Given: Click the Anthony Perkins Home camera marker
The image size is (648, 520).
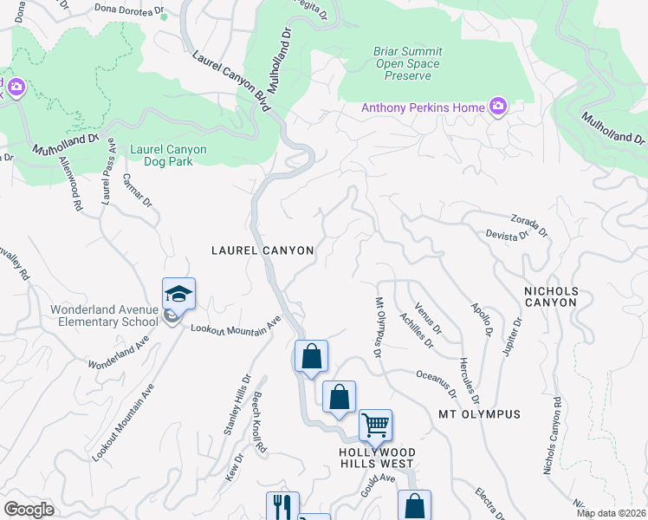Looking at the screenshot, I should point(497,107).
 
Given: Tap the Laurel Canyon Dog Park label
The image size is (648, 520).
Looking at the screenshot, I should point(168,155).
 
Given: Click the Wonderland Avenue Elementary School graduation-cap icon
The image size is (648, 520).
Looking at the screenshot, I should point(178,295).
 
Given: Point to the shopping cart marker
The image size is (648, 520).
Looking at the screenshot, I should point(375,426).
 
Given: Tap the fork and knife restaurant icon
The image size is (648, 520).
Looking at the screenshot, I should point(282,506).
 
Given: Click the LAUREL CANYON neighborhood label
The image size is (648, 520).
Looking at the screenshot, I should point(262,250).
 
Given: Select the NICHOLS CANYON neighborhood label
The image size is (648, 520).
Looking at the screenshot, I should point(550,296).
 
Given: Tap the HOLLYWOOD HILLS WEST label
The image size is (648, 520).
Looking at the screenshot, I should point(376,458).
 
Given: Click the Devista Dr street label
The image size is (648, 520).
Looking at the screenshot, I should point(509,237).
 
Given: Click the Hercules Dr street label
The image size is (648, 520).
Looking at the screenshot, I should point(469,382).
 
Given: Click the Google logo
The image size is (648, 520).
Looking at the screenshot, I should point(29,510).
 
